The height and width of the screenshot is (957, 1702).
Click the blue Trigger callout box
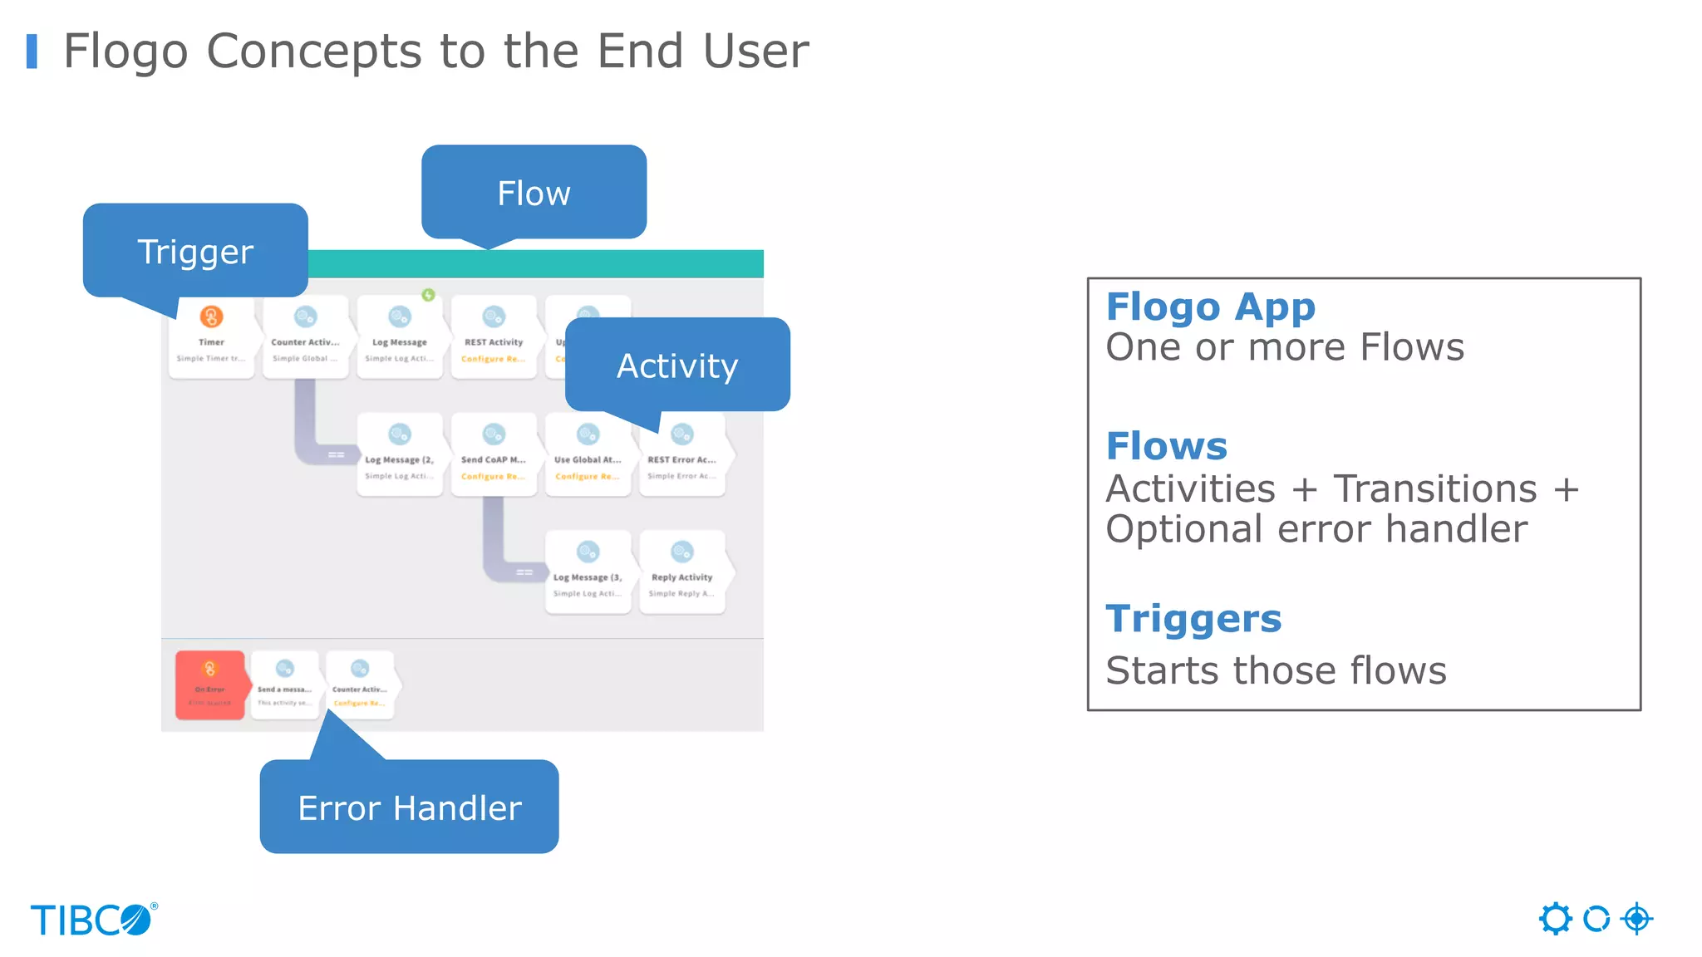pos(195,250)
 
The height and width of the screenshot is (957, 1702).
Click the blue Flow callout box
pos(534,193)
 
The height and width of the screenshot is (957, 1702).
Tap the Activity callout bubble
pos(677,366)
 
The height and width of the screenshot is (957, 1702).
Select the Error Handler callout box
pos(409,807)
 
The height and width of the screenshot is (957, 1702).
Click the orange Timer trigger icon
pos(211,317)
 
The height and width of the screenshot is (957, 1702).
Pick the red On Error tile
pos(210,685)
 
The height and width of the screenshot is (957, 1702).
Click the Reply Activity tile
pos(681,572)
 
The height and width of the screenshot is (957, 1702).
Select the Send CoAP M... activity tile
pos(494,455)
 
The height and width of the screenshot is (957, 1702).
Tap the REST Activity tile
pos(494,337)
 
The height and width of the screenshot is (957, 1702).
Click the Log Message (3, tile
pos(588,572)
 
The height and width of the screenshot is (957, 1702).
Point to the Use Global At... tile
pos(588,455)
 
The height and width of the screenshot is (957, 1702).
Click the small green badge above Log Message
pos(428,295)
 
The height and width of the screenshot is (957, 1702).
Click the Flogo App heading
pos(1210,307)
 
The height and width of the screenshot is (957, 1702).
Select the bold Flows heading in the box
pos(1166,446)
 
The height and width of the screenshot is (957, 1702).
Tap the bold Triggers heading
pos(1193,619)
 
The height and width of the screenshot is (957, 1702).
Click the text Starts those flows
pos(1276,670)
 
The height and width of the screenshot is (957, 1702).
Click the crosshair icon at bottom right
pos(1636,919)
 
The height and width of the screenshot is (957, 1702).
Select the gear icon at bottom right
pos(1555,919)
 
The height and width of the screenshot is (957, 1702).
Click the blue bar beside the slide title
pos(32,52)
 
